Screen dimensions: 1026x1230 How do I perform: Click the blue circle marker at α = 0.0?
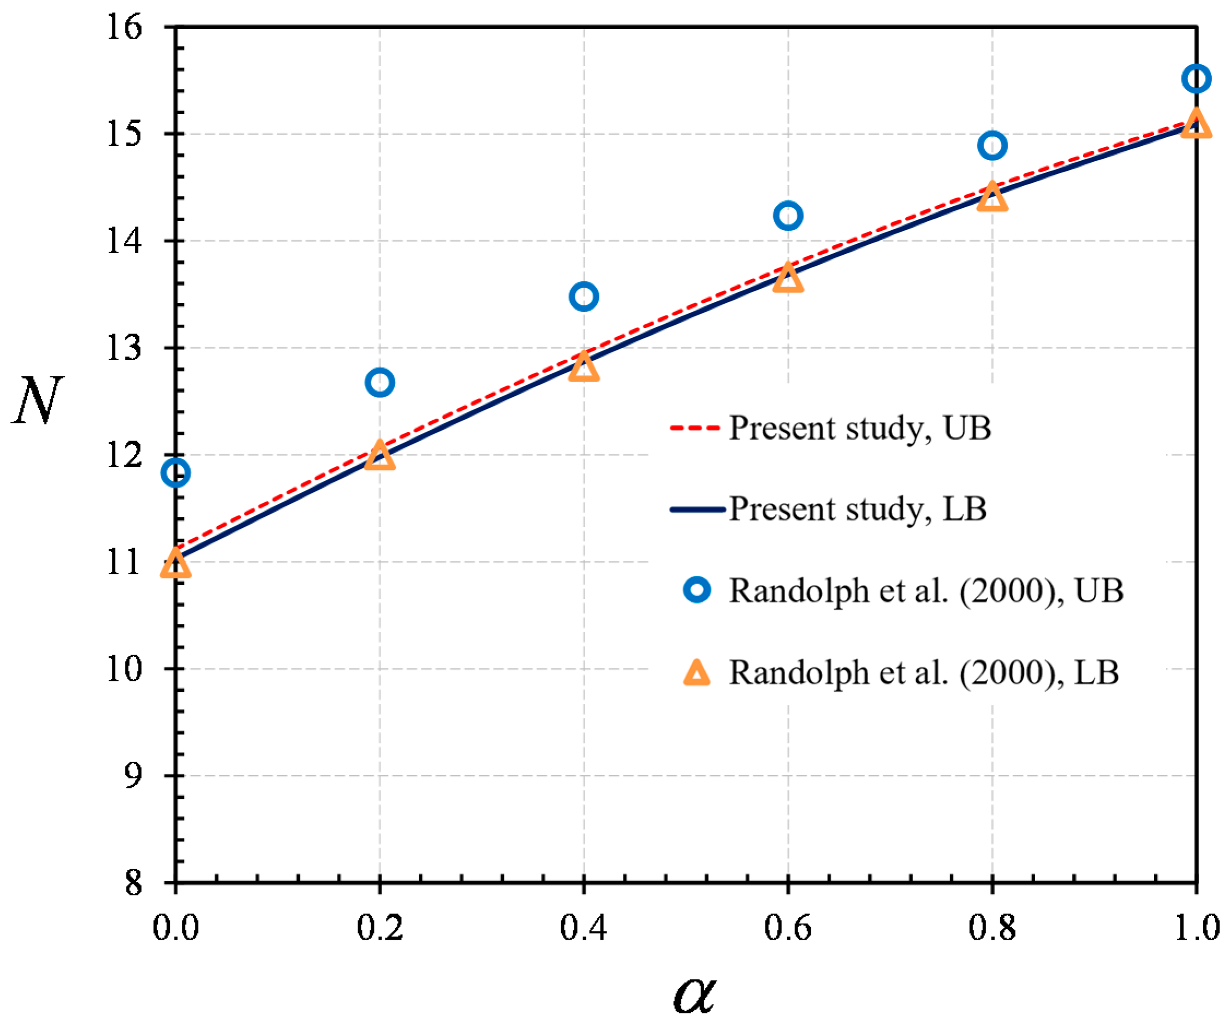pos(175,472)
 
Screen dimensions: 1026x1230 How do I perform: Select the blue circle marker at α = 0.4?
pos(584,296)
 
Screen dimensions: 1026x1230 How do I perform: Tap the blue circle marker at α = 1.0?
pos(1196,79)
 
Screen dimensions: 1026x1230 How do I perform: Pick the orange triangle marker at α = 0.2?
pos(379,457)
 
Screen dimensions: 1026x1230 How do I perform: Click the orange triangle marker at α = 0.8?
pos(992,198)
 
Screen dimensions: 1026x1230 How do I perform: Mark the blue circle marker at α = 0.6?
pos(788,216)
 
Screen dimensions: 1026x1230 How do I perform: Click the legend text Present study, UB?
pos(859,428)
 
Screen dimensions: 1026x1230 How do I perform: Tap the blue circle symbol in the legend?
pos(697,590)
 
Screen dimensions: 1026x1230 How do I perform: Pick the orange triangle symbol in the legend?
pos(697,673)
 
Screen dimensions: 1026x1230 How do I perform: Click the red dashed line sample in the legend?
pos(694,428)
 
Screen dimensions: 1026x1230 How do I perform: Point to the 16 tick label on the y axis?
pos(124,27)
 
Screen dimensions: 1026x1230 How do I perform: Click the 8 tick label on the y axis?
pos(134,882)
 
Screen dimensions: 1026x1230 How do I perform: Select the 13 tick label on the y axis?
pos(124,348)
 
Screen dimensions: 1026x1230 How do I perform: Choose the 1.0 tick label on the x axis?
pos(1196,928)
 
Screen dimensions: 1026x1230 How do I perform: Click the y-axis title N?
pos(38,401)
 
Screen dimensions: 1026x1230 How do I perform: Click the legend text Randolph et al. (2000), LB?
pos(924,672)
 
